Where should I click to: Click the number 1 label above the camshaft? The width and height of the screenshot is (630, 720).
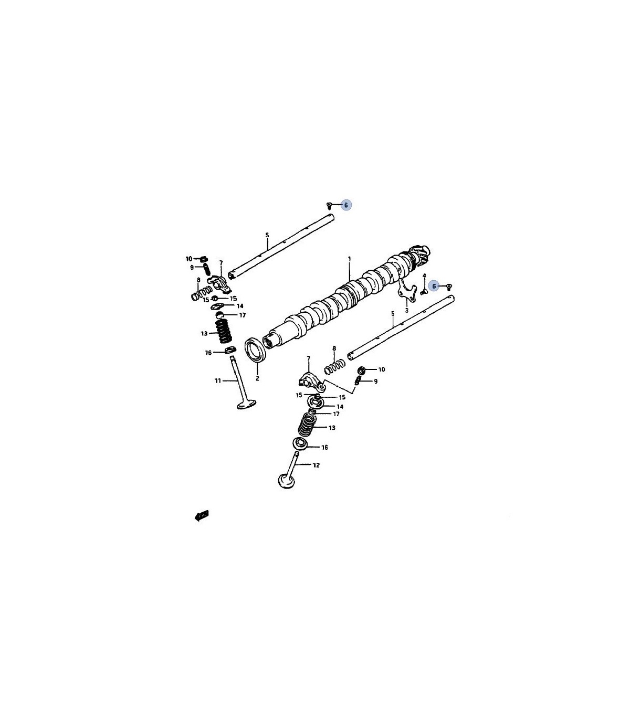(x=350, y=259)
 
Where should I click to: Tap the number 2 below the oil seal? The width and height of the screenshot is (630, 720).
(x=257, y=379)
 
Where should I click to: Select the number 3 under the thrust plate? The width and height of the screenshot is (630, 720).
(x=406, y=311)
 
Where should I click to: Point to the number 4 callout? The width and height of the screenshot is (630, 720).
(x=424, y=276)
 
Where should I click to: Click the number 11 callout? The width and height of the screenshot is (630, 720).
(x=218, y=381)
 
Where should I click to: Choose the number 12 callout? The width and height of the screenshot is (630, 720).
(x=317, y=465)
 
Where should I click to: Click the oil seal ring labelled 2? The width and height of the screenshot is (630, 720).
(x=256, y=349)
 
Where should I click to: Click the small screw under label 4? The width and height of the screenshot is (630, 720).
(x=424, y=292)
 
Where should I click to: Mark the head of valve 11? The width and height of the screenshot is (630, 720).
(x=246, y=404)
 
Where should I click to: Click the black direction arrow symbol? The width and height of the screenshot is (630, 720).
(x=202, y=516)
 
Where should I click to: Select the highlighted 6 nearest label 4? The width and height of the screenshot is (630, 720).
(x=434, y=286)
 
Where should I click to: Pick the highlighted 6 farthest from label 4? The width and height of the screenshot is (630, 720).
(x=346, y=205)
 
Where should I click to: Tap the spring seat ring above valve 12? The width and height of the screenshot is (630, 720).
(x=300, y=443)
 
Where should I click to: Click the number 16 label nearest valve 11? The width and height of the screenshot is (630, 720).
(x=208, y=353)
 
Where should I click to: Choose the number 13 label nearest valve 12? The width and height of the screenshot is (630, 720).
(x=332, y=428)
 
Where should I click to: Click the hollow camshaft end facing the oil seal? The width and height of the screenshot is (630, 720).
(x=270, y=341)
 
